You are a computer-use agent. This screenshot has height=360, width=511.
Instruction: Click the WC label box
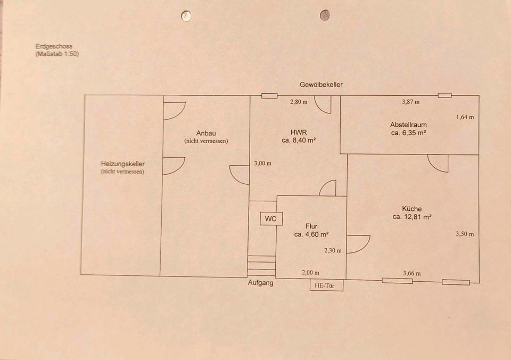(x=271, y=218)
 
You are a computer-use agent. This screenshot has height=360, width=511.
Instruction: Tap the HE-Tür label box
(x=327, y=285)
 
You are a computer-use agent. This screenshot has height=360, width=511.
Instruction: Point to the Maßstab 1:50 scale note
(x=57, y=54)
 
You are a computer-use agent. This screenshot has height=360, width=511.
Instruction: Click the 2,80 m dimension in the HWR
(x=299, y=102)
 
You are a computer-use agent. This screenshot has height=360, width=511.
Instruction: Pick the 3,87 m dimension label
(x=410, y=102)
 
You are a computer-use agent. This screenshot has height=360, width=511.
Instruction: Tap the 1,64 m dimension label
(x=465, y=117)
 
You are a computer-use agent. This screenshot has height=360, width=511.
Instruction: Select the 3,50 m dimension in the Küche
(x=465, y=234)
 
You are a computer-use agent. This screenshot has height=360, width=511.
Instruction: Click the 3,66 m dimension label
(x=411, y=274)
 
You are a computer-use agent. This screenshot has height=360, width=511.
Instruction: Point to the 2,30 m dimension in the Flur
(x=333, y=250)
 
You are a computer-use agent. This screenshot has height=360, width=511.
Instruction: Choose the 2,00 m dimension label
(x=310, y=272)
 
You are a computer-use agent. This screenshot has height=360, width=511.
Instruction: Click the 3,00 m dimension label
(x=262, y=163)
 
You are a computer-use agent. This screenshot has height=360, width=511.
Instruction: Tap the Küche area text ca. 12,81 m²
(x=412, y=217)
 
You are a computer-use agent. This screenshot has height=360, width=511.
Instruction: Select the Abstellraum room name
(x=408, y=125)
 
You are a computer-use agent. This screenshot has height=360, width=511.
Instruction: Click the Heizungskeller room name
(x=123, y=164)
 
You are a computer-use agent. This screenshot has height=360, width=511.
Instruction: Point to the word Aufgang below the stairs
(x=261, y=283)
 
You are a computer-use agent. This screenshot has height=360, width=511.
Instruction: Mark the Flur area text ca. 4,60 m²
(x=311, y=234)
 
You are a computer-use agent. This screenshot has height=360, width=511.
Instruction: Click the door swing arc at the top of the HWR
(x=323, y=105)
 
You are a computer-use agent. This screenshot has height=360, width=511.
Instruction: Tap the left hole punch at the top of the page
(x=186, y=16)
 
